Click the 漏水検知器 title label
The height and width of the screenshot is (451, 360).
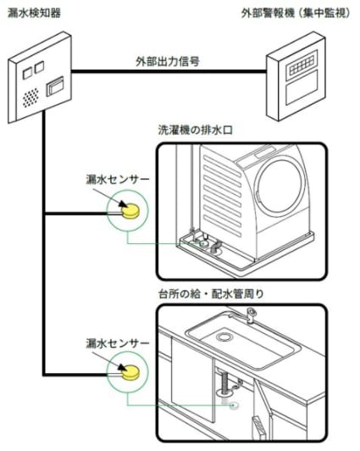coord(34,14)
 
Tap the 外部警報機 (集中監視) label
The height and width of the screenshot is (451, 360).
coord(296,14)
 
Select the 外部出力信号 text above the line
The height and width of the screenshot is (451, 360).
coord(168,61)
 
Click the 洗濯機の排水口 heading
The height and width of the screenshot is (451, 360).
coord(196,131)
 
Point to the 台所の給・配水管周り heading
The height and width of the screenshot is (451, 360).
coord(211,294)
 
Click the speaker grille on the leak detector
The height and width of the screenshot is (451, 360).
coord(30,97)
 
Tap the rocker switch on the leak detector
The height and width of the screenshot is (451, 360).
coord(55,86)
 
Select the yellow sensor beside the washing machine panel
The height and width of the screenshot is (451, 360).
coord(130,210)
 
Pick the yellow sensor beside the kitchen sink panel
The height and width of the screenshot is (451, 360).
coord(130,372)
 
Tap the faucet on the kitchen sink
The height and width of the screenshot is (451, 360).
coord(249,315)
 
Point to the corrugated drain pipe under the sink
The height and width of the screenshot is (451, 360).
coord(224,381)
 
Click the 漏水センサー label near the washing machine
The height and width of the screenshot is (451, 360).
coord(118,179)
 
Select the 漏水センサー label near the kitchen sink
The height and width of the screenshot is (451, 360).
coord(118,342)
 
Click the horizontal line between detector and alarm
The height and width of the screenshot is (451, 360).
coord(169,71)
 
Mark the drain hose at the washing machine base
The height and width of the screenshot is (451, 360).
coord(215,248)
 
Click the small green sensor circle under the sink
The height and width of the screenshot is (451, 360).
coord(235,405)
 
